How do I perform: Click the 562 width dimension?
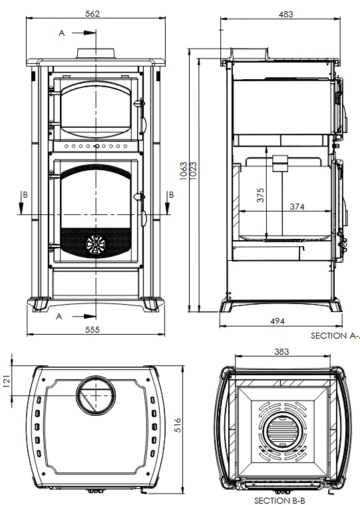[92, 13]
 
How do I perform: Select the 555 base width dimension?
[92, 329]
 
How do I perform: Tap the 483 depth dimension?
[286, 14]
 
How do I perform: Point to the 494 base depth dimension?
[277, 321]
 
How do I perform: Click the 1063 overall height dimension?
[183, 171]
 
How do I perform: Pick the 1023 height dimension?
[193, 170]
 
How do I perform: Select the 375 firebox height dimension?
[260, 195]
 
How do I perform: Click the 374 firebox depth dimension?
[297, 206]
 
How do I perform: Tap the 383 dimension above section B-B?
[281, 351]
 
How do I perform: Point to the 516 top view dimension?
[178, 425]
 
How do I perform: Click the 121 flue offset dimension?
[7, 381]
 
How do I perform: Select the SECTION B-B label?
[279, 500]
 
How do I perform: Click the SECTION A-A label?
[335, 335]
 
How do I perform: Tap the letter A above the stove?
[61, 33]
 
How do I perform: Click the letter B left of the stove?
[25, 195]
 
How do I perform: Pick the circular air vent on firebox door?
[96, 244]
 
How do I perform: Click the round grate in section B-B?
[281, 431]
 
